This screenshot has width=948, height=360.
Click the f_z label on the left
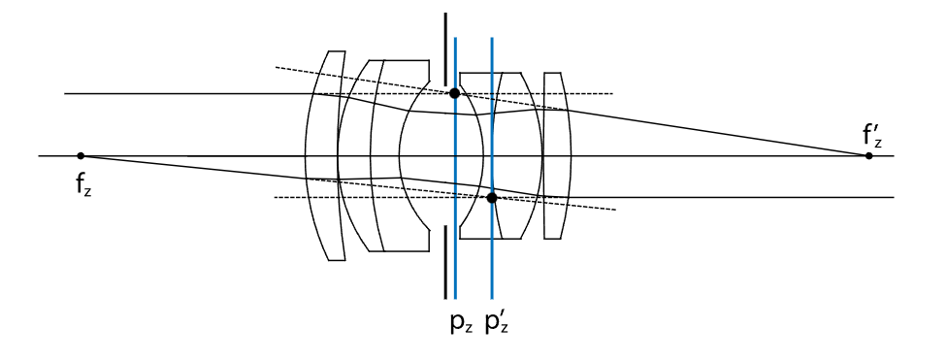[83, 184]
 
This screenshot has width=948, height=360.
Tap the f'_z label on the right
[871, 136]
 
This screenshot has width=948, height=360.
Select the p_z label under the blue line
[461, 324]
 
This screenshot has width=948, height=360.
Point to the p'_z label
[498, 322]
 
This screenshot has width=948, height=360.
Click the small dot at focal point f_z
[81, 156]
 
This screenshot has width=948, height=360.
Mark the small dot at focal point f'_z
[868, 156]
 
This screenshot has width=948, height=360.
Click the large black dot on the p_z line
[455, 93]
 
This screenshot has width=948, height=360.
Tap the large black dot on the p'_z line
[492, 198]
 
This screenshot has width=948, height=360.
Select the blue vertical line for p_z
[455, 168]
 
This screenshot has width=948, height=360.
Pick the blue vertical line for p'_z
[492, 168]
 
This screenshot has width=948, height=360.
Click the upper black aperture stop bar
[445, 49]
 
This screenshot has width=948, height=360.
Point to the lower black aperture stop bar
[445, 263]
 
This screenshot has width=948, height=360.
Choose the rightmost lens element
[557, 155]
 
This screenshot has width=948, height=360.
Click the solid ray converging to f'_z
[718, 132]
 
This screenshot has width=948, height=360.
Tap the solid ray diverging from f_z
[193, 168]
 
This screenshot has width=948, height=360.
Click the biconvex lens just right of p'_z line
[517, 155]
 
